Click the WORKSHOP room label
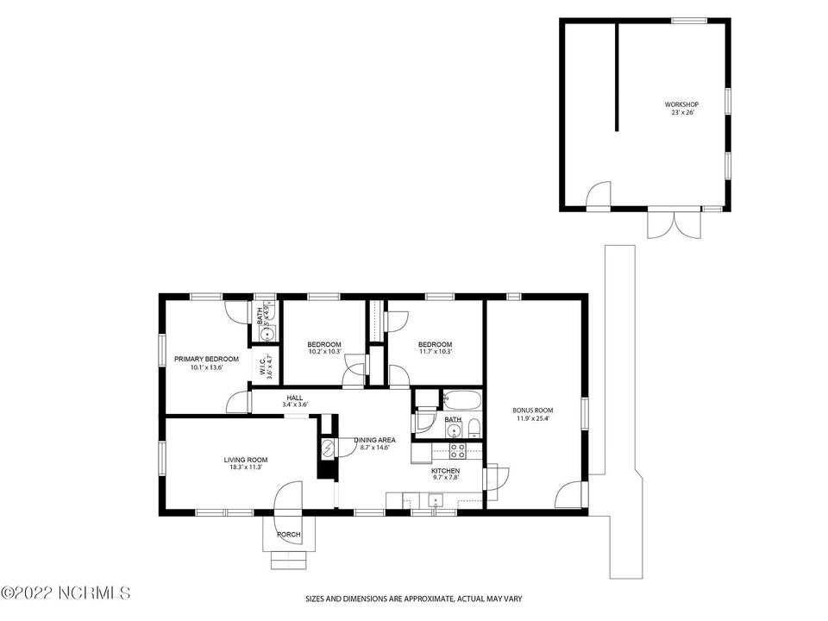tap(681, 103)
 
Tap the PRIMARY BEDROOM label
tap(199, 359)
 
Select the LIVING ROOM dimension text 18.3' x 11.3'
tap(246, 468)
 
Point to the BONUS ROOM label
tap(532, 411)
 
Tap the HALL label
tap(295, 398)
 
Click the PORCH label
tap(289, 535)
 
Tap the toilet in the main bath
tap(474, 429)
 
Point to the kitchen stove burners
tap(457, 450)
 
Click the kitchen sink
tap(436, 499)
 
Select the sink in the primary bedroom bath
tap(267, 331)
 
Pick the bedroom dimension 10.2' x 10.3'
tap(325, 352)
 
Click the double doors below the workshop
tap(665, 224)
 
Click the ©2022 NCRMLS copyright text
tap(66, 594)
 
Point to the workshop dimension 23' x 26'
tap(681, 112)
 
